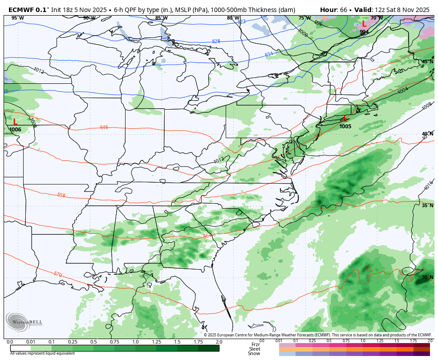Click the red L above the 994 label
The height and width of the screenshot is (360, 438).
click(364, 24)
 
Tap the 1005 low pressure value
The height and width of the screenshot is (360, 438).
click(345, 127)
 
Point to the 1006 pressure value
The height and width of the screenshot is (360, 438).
click(15, 130)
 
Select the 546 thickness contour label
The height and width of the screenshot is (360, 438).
click(104, 127)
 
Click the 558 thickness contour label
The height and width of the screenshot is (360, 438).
click(61, 195)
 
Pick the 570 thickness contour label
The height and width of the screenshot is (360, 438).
click(57, 274)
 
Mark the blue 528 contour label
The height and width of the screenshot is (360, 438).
click(216, 41)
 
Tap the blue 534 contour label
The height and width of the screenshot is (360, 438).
click(269, 54)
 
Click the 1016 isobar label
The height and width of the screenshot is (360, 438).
click(428, 186)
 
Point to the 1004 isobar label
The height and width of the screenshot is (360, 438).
click(402, 90)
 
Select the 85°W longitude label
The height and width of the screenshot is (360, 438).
click(161, 18)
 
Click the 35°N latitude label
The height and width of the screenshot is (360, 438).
click(427, 206)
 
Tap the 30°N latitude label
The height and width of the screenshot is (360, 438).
click(427, 277)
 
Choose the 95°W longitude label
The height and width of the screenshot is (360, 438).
click(18, 18)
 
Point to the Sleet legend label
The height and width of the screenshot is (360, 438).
click(255, 349)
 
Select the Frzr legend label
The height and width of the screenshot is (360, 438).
click(255, 344)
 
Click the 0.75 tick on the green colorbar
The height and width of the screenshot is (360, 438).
click(114, 342)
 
